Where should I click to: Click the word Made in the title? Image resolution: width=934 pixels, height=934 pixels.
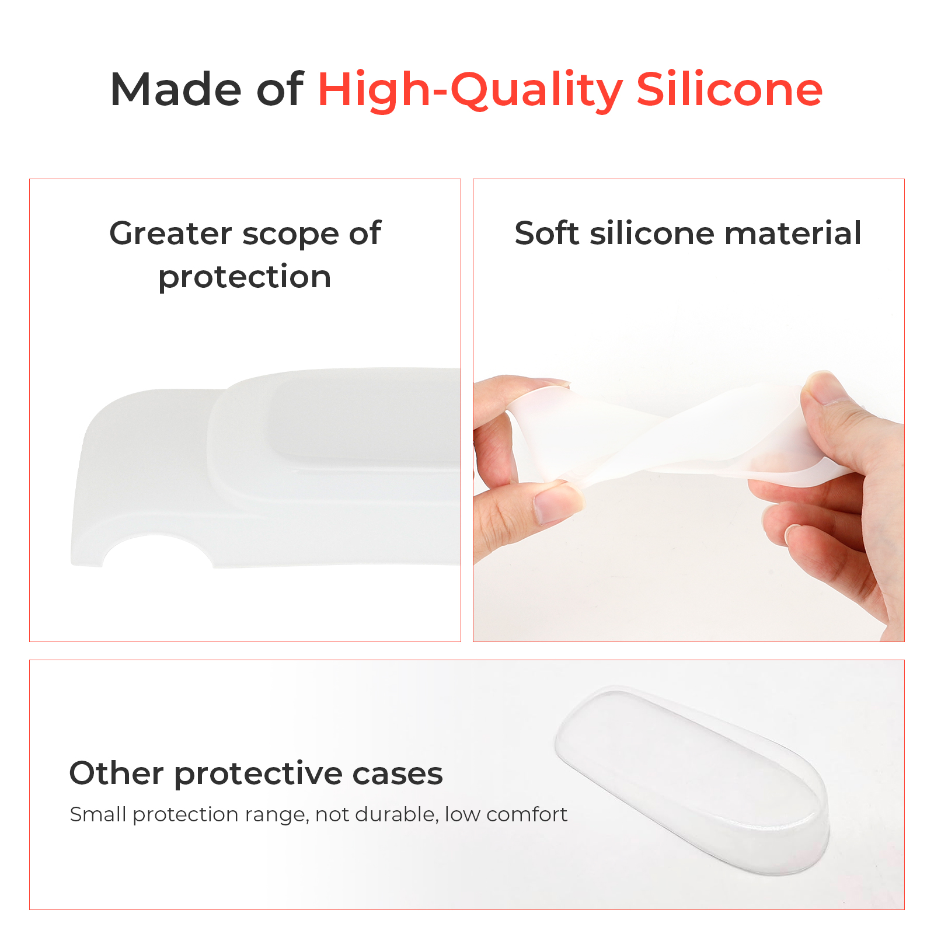tap(176, 89)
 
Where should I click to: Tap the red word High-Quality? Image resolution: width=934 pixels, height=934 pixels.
tap(470, 90)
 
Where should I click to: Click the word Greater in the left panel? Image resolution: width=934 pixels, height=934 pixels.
tap(170, 235)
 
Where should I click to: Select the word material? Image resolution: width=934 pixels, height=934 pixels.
tap(793, 233)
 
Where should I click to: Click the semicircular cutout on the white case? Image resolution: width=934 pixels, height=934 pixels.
tap(158, 550)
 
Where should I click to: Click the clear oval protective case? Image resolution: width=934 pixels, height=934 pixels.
tap(692, 780)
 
